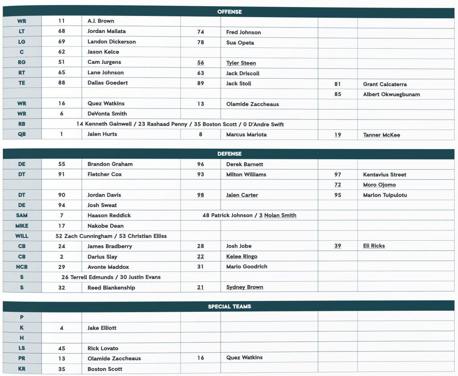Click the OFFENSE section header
point(229,11)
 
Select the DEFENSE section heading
point(229,154)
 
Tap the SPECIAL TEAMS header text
point(229,306)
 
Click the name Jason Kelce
point(103,52)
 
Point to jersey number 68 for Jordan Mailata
point(62,31)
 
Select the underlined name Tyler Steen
point(241,63)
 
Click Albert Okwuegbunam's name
point(392,94)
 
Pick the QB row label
point(22,134)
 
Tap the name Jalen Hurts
point(102,134)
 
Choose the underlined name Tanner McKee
point(382,135)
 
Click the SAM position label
point(22,216)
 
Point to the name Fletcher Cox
point(105,174)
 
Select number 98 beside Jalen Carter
point(200,195)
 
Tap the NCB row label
point(22,267)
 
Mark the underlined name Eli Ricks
point(374,246)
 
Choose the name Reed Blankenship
point(111,287)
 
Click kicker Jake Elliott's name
point(102,328)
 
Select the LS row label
point(22,348)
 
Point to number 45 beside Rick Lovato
point(62,348)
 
